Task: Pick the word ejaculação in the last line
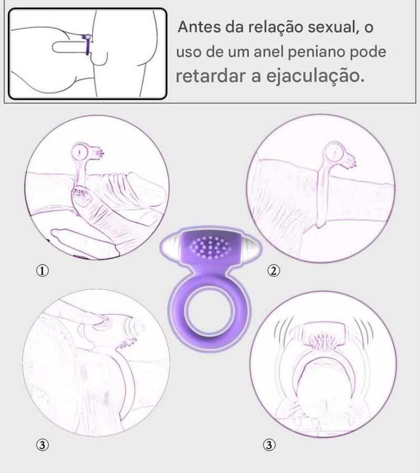(316, 76)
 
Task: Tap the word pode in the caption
(368, 52)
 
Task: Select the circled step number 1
(43, 271)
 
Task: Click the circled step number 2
(274, 271)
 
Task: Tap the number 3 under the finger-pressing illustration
(43, 445)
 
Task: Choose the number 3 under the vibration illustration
(269, 445)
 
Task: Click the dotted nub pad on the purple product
(211, 247)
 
